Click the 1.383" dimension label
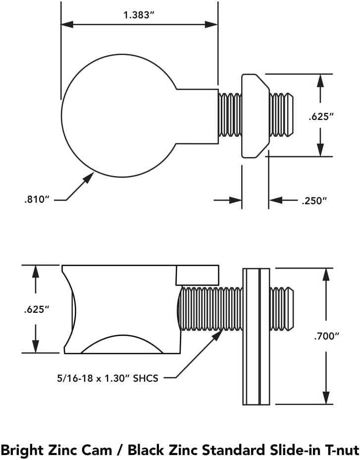(139, 15)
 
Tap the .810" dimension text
(37, 199)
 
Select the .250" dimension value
(314, 201)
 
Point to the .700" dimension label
(326, 336)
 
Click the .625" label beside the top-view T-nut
(321, 116)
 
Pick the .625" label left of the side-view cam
(37, 309)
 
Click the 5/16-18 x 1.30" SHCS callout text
(107, 378)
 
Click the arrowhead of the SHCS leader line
(217, 335)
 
